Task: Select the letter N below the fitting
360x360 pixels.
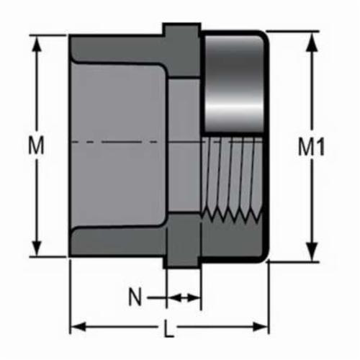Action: point(134,296)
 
